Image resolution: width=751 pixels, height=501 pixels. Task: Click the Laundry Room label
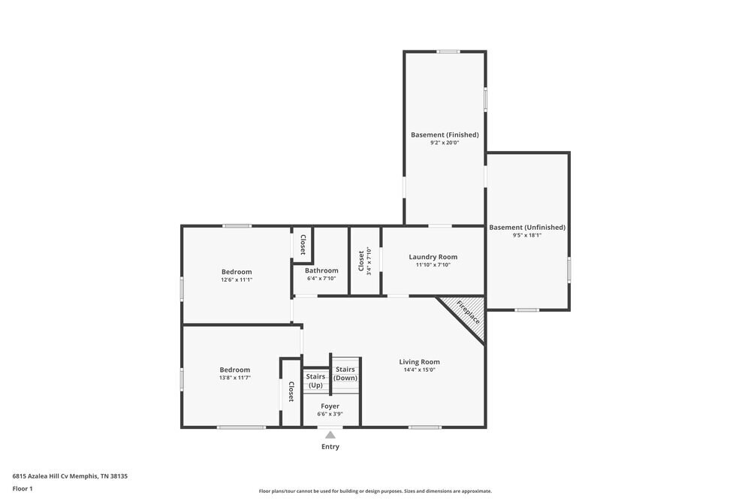433,257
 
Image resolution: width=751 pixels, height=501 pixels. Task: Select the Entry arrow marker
330,434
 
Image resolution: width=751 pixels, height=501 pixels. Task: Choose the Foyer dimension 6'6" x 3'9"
330,414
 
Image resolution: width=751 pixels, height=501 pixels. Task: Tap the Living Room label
419,362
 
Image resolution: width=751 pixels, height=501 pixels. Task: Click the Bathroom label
321,270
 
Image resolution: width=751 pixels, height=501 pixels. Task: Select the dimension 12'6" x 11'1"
237,279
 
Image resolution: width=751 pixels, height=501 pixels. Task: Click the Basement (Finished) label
445,135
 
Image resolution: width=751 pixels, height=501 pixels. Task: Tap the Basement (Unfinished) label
527,227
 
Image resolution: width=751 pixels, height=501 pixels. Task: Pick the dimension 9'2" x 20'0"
445,143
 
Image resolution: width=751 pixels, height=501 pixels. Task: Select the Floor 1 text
23,488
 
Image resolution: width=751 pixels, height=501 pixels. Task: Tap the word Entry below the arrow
330,447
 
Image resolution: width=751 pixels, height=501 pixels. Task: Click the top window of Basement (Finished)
448,52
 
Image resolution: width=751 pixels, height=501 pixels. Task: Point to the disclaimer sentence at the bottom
375,490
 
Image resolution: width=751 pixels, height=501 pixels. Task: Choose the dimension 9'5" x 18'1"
527,235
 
